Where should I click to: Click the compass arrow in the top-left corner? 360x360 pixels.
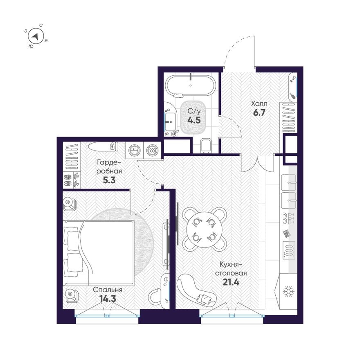36,37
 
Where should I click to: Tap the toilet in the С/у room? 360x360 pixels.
206,145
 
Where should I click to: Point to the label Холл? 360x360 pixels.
259,104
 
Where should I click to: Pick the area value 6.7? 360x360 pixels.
259,113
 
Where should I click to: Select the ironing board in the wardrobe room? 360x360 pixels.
101,146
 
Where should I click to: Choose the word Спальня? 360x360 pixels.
108,290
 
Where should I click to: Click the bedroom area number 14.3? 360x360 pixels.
108,298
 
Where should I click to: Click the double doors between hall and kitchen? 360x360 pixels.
257,163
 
